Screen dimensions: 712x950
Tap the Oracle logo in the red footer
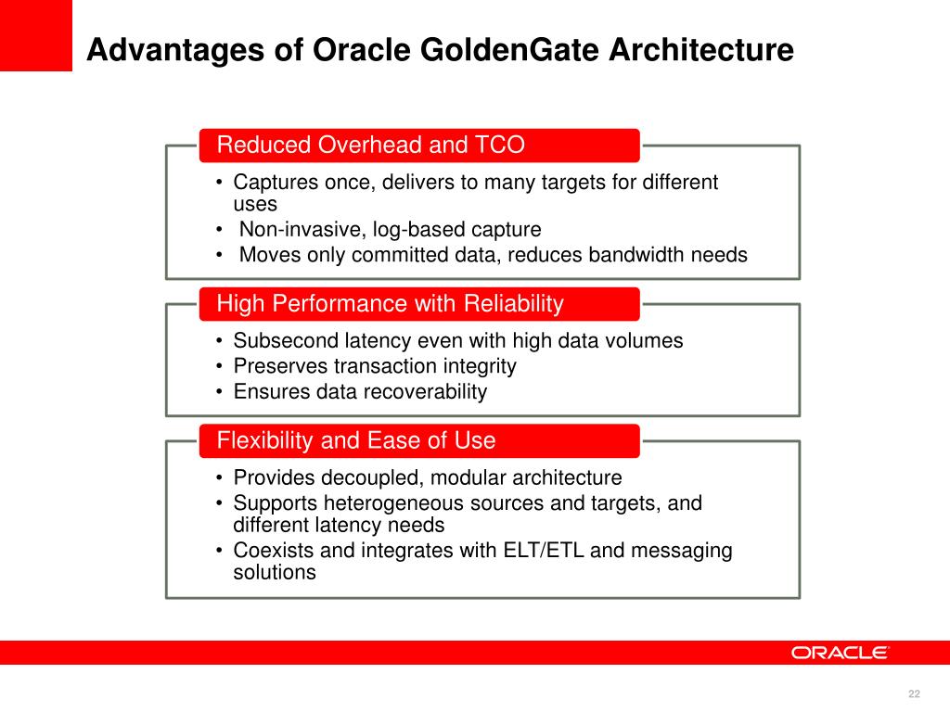pos(840,653)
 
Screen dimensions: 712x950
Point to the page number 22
pos(914,695)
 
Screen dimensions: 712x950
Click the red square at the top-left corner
pos(35,35)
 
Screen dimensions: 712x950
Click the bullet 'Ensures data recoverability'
pos(360,391)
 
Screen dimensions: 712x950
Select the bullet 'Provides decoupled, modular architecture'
pos(427,478)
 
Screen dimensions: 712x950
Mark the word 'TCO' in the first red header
pos(501,146)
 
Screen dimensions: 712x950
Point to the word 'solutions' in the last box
pos(275,573)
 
